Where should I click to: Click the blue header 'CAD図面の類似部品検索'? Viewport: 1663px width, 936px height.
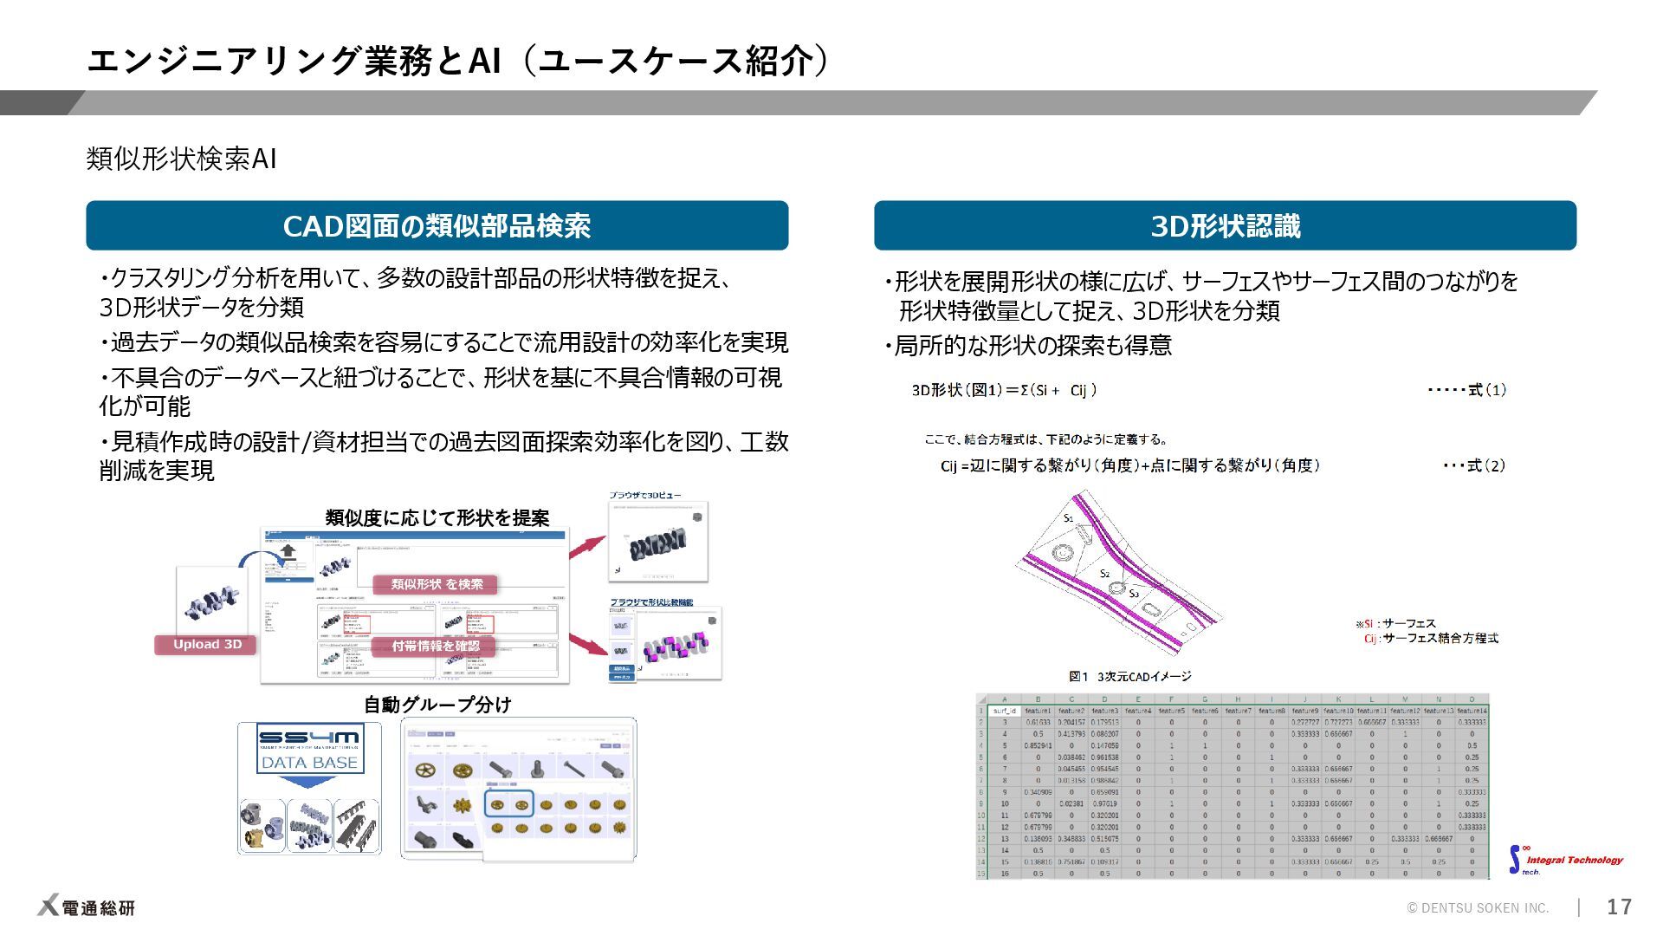tap(437, 226)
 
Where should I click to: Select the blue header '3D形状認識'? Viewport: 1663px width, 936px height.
tap(1225, 226)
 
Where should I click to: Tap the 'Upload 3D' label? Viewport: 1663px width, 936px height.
tap(207, 645)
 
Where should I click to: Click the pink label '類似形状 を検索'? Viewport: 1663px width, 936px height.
tap(437, 585)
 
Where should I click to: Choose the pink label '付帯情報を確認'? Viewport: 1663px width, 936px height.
tap(436, 647)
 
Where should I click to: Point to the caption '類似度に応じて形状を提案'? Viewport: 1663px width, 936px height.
tap(437, 518)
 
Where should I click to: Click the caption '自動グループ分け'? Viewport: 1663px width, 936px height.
tap(437, 705)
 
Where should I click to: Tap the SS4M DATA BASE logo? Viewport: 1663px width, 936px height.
tap(309, 751)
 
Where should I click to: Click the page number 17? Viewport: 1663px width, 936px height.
tap(1619, 907)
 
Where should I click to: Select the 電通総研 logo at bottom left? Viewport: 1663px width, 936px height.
tap(87, 907)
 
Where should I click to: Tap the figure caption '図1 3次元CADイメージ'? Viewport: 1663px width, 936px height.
tap(1129, 676)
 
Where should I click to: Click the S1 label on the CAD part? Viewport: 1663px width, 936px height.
tap(1068, 518)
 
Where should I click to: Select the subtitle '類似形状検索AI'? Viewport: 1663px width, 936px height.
tap(181, 159)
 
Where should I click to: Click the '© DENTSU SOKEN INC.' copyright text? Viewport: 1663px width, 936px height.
tap(1478, 907)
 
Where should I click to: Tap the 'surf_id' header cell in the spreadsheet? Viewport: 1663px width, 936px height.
tap(1004, 711)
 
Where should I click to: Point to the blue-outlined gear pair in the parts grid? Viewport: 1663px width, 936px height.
tap(508, 804)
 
